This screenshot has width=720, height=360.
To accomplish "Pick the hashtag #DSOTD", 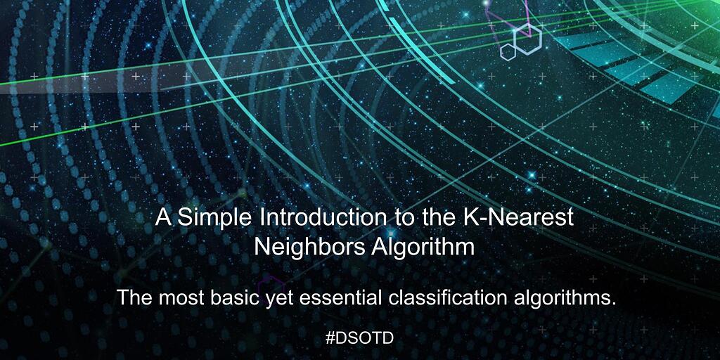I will pos(359,337).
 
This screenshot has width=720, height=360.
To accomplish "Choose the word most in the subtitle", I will pos(183,298).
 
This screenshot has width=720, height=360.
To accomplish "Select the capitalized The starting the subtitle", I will pos(134,298).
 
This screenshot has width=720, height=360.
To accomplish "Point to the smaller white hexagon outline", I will pos(508,51).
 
